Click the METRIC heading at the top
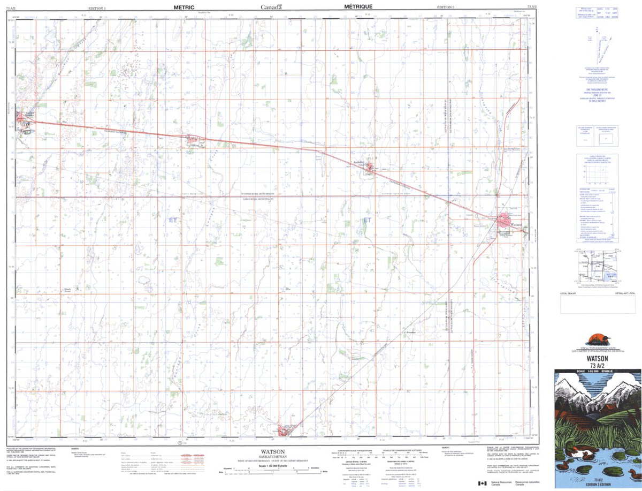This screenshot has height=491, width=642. [x=184, y=6]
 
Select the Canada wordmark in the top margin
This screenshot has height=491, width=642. [x=271, y=7]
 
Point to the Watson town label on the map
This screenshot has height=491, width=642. [x=516, y=225]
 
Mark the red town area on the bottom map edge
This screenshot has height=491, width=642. [x=285, y=430]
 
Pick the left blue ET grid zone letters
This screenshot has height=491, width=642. [x=171, y=220]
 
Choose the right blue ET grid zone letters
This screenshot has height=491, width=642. [x=368, y=220]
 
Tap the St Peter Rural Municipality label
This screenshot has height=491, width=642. [x=258, y=193]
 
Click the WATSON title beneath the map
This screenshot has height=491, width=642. [x=273, y=451]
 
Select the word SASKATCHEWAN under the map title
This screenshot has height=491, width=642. [x=273, y=457]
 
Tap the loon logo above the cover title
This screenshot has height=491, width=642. [x=598, y=339]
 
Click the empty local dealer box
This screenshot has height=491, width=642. [x=598, y=305]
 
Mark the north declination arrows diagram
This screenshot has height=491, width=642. [x=598, y=48]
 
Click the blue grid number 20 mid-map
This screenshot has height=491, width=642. [x=315, y=235]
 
